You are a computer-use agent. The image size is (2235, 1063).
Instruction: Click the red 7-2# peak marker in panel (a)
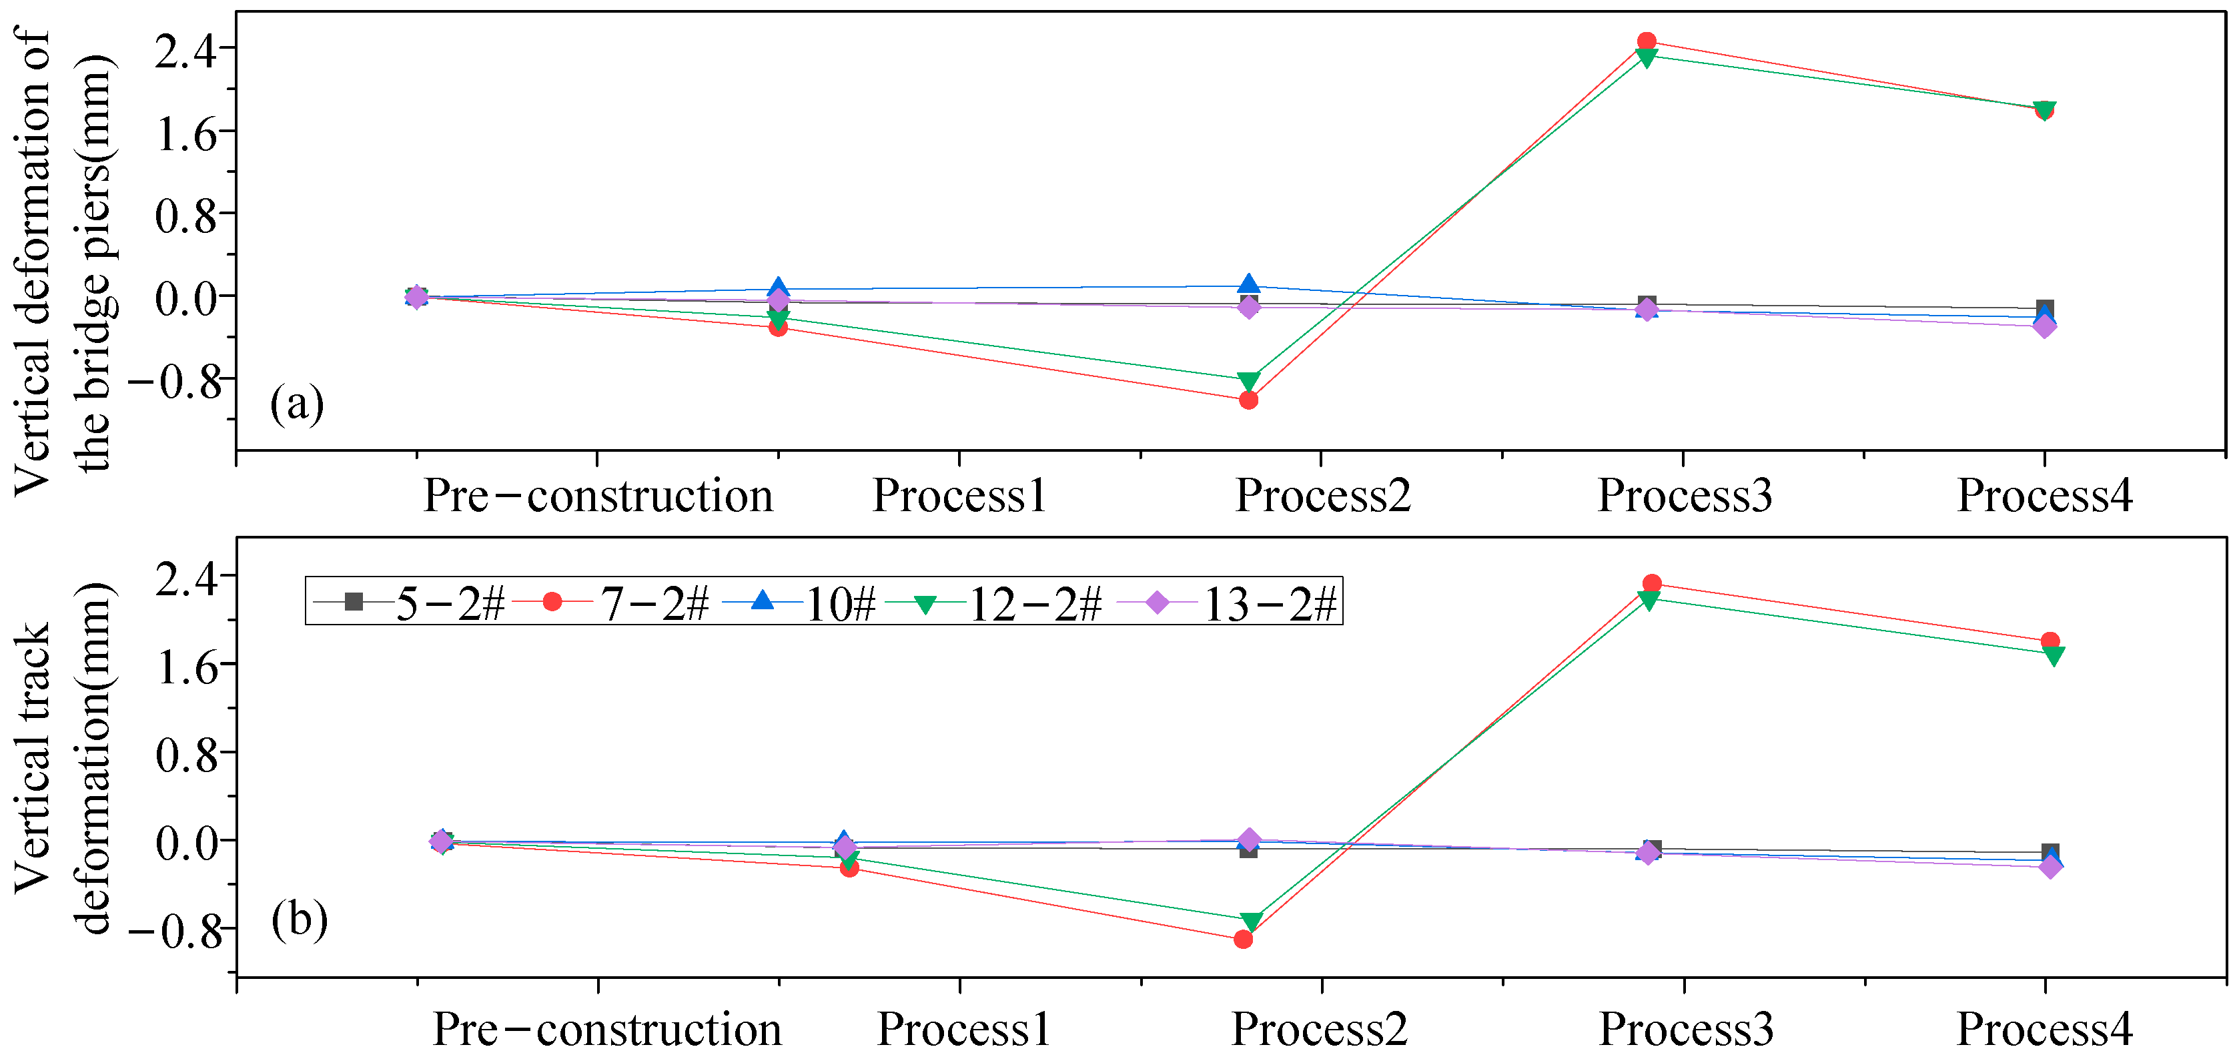click(1646, 41)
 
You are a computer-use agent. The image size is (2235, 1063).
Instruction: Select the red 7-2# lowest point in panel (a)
click(1248, 400)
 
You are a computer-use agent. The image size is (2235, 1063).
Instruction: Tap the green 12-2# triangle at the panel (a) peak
click(1646, 58)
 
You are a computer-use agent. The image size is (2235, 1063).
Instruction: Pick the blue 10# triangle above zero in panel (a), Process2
click(1248, 284)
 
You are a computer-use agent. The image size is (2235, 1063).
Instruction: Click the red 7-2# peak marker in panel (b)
click(1652, 583)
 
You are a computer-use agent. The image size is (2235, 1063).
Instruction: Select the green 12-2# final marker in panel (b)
click(2054, 656)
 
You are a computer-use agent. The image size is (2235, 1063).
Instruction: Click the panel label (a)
click(297, 404)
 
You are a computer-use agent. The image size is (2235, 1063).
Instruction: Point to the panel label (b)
click(300, 918)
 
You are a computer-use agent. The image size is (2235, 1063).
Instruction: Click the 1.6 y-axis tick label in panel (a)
click(185, 133)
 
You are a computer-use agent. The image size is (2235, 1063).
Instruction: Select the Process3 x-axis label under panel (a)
click(1684, 496)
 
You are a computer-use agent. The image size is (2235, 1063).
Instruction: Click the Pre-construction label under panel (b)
click(606, 1029)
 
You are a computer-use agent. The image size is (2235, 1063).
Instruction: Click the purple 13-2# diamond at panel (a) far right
click(2045, 326)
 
